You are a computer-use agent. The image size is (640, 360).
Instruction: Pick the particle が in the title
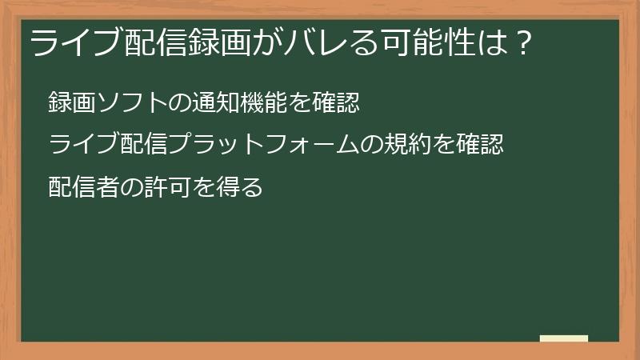pyautogui.click(x=268, y=42)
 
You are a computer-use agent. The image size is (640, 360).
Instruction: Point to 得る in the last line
pyautogui.click(x=242, y=187)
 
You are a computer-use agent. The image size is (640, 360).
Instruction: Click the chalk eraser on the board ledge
pyautogui.click(x=564, y=339)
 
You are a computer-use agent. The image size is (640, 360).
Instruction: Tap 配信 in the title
pyautogui.click(x=151, y=42)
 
